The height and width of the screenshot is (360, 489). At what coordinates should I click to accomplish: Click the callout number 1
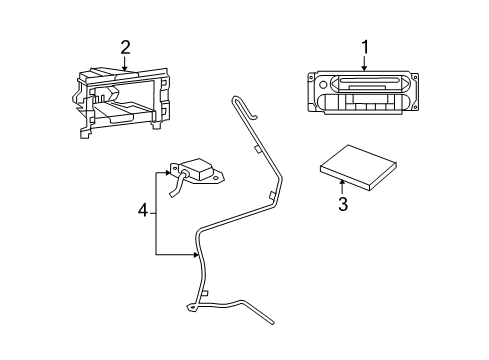coord(364,45)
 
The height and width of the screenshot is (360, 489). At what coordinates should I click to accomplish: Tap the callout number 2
coord(125,46)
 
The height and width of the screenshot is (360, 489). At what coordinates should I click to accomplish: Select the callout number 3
coord(342,206)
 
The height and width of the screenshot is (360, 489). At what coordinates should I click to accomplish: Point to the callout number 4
coord(142,212)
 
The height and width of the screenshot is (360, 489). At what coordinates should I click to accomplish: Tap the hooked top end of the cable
coord(236,100)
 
